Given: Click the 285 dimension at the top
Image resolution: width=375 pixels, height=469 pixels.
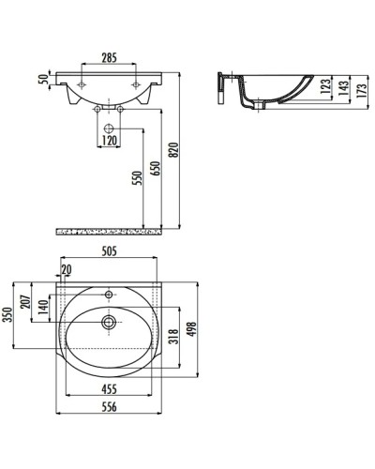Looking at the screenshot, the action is coord(109,57).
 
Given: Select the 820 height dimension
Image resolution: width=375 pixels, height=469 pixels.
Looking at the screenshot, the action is coord(174,150).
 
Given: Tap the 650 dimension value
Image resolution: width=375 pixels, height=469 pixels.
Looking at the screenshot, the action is coord(157,169).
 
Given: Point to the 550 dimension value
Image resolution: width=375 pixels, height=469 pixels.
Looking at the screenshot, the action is coord(138,178).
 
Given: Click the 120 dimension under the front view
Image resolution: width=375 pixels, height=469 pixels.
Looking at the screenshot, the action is coord(109,141).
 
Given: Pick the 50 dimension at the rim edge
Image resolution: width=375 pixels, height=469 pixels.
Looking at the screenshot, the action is coord(43,80).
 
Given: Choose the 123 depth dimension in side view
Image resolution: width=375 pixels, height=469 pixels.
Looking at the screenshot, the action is coord(325,86).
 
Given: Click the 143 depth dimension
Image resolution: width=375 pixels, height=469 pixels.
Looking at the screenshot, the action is coord(343,88).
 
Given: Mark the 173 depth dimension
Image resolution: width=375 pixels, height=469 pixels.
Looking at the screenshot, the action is coord(361,91).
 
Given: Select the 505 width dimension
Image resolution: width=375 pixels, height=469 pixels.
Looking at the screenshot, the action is coord(109,250).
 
